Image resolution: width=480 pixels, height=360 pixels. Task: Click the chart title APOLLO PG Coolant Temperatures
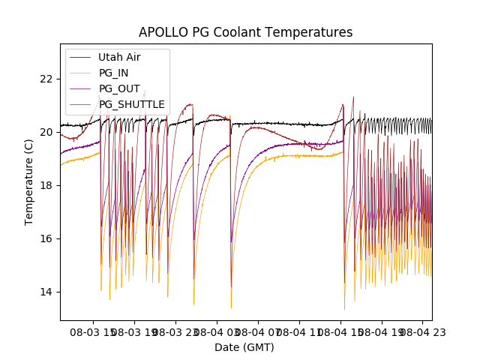[x=245, y=32]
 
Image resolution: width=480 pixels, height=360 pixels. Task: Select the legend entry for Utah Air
[x=119, y=57]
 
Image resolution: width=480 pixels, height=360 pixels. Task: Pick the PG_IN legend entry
[x=113, y=73]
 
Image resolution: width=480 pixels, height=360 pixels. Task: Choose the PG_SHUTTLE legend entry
[x=131, y=104]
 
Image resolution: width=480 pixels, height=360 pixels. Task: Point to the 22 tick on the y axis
[x=46, y=79]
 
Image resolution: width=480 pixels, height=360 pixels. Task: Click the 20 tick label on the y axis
[x=46, y=132]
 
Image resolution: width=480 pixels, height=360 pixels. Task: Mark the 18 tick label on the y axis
[x=46, y=185]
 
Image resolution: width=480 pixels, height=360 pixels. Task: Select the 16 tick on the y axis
[x=46, y=238]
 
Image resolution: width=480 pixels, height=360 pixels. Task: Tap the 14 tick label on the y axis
[x=46, y=292]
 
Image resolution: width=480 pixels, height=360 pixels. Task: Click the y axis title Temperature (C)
[x=29, y=182]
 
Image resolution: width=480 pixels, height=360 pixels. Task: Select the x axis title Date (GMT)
[x=244, y=347]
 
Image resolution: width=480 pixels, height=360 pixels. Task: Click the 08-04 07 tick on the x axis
[x=259, y=331]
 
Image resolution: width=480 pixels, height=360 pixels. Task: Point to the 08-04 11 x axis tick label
[x=300, y=331]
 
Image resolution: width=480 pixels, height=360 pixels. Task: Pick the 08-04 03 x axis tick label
[x=218, y=331]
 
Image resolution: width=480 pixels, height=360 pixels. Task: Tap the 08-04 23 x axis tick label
[x=421, y=331]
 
